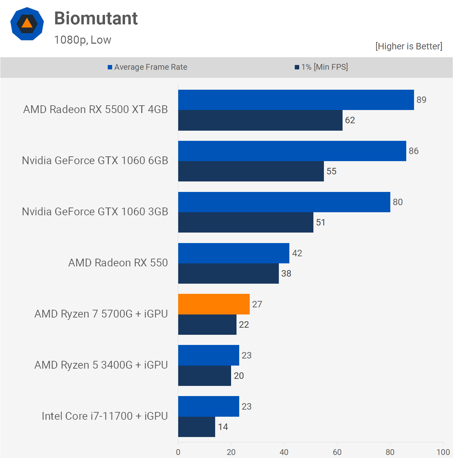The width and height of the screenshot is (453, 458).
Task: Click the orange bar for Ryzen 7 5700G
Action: [214, 304]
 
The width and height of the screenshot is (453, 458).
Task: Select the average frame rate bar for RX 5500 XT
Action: [296, 100]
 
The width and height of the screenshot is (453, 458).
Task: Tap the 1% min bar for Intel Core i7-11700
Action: [197, 427]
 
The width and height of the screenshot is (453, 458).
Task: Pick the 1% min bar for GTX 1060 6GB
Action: [251, 171]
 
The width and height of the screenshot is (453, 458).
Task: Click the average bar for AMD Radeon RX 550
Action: [233, 253]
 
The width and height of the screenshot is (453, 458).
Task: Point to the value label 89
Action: [421, 100]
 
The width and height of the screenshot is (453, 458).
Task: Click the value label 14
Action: [223, 427]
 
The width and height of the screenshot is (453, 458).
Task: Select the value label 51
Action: [321, 222]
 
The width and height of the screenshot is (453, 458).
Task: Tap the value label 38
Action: [286, 274]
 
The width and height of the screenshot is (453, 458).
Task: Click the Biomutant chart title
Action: [96, 18]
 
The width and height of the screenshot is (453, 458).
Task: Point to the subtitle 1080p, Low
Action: [83, 40]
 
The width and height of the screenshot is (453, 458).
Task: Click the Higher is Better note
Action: [409, 46]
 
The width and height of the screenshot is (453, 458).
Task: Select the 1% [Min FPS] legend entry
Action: [321, 67]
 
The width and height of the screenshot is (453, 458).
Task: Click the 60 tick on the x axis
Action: [337, 452]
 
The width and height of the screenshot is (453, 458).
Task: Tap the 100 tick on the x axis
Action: [443, 452]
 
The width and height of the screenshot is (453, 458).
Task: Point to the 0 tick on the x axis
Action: [178, 452]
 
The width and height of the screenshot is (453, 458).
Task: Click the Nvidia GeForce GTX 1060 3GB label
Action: [95, 212]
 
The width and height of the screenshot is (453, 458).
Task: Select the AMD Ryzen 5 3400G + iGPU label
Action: [101, 365]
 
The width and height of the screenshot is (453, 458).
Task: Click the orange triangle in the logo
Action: [27, 23]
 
